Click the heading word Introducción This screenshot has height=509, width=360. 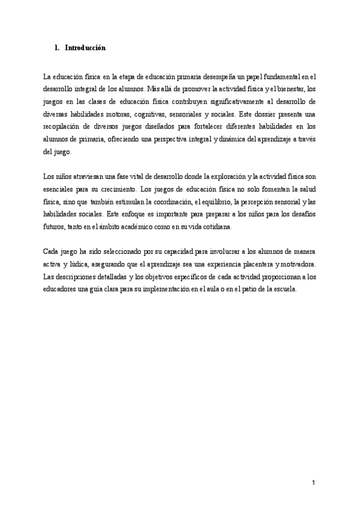coord(85,49)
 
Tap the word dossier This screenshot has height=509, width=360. coord(270,115)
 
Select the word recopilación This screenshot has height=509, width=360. coord(64,127)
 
